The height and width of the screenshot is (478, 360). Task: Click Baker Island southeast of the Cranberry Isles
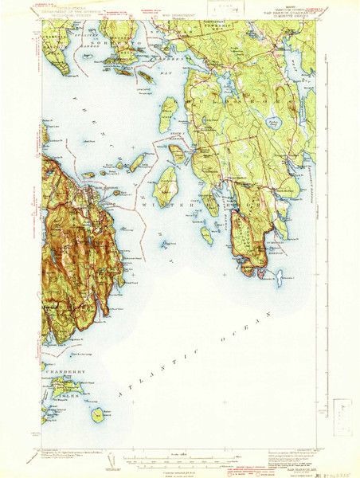(96, 415)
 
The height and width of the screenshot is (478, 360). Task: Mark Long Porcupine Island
(136, 163)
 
